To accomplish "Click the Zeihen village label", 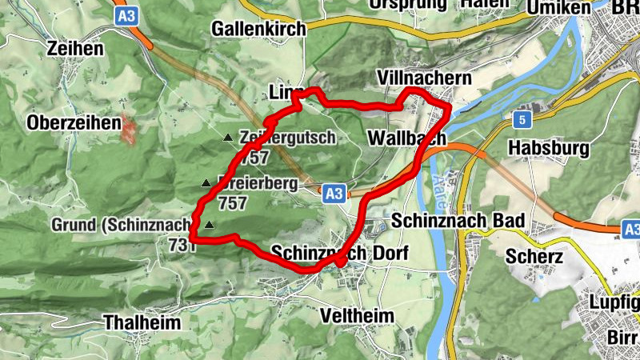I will tap(75, 49).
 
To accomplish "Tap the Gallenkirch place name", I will tap(258, 30).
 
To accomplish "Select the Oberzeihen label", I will tap(73, 123).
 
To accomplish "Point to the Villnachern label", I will tap(425, 78).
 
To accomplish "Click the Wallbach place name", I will tap(406, 138).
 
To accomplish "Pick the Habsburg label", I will tap(549, 148).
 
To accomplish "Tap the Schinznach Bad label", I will tap(458, 221).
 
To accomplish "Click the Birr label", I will tap(622, 338).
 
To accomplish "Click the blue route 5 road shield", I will tap(522, 119).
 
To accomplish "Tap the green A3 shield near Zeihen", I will tap(126, 16).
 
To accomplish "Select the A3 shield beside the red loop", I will tap(335, 193).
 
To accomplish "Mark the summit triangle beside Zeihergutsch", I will tap(228, 138).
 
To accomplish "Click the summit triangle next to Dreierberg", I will tap(206, 183).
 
